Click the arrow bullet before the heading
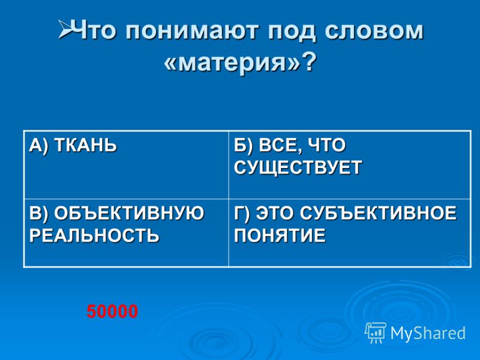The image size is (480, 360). pyautogui.click(x=65, y=29)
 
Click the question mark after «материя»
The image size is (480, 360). pyautogui.click(x=308, y=61)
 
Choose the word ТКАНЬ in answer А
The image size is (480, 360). pyautogui.click(x=86, y=145)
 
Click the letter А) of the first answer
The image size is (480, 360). pyautogui.click(x=38, y=145)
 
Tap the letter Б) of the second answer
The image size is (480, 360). pyautogui.click(x=244, y=145)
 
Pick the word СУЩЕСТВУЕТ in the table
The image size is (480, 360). pyautogui.click(x=298, y=168)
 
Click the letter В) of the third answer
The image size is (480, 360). pyautogui.click(x=38, y=214)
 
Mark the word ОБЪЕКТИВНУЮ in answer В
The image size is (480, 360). pyautogui.click(x=129, y=213)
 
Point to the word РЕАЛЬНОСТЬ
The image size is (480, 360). pyautogui.click(x=94, y=236)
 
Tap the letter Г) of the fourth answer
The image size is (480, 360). pyautogui.click(x=242, y=214)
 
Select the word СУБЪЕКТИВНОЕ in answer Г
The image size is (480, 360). pyautogui.click(x=378, y=213)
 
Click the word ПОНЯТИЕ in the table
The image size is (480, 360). pyautogui.click(x=280, y=236)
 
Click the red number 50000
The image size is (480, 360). pyautogui.click(x=112, y=311)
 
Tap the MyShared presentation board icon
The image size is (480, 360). pyautogui.click(x=376, y=332)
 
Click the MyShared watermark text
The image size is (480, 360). pyautogui.click(x=428, y=333)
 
